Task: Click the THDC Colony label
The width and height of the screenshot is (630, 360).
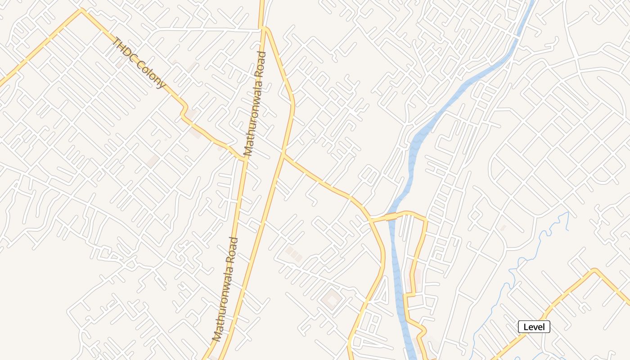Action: click(138, 63)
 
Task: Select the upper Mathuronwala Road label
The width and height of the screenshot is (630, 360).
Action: click(255, 104)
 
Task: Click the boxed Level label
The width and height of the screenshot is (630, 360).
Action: click(534, 327)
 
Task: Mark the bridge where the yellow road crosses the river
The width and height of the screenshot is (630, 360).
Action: click(391, 217)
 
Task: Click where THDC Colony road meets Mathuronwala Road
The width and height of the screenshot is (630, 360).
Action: click(245, 159)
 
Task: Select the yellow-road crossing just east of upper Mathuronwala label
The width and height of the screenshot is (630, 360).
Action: click(283, 154)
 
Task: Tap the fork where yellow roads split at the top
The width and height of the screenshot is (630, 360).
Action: click(263, 28)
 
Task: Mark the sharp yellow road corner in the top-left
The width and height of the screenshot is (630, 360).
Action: click(81, 10)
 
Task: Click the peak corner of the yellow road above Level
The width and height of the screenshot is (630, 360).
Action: click(595, 270)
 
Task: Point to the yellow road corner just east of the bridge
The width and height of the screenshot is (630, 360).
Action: click(424, 220)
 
